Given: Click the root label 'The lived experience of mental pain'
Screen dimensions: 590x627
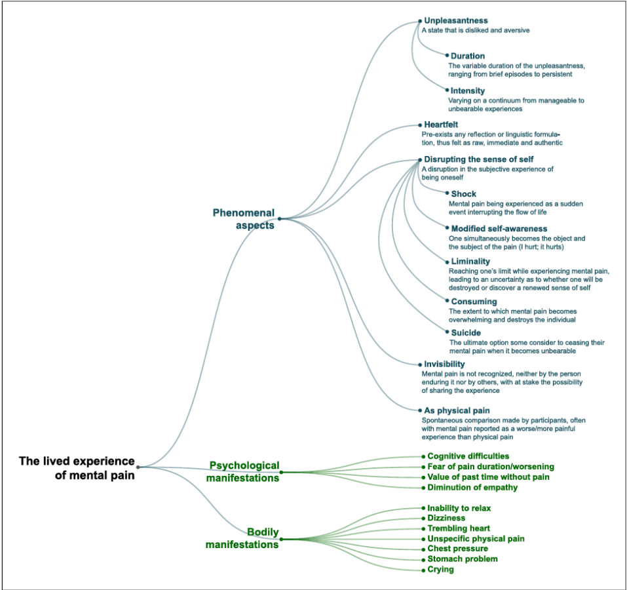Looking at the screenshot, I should [x=77, y=468].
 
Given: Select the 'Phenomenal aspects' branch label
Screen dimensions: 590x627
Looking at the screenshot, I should [x=243, y=218].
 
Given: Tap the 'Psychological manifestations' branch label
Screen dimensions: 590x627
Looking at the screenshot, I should [x=244, y=471].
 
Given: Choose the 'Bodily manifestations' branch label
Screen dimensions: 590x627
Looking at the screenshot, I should [x=242, y=538].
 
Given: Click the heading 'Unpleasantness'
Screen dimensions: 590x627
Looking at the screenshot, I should [x=455, y=21].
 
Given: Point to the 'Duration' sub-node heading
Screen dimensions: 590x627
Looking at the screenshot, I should [x=467, y=56].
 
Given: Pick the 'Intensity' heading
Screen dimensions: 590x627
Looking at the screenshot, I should [x=467, y=90].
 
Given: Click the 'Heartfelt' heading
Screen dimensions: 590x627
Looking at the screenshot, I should [x=440, y=125].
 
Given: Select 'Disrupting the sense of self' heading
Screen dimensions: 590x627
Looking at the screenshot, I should [x=478, y=159].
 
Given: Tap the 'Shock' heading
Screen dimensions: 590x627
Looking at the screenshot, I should [x=463, y=194].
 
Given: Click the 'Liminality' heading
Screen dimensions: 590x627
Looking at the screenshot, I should [x=470, y=262].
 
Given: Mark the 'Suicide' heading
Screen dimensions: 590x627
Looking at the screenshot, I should [x=465, y=333].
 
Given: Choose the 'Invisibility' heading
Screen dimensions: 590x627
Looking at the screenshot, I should [x=444, y=364].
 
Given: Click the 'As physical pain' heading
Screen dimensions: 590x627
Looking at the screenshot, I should [x=457, y=411].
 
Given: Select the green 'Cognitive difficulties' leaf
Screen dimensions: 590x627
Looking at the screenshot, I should [x=468, y=456].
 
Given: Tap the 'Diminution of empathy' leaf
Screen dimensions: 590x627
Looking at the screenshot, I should [x=472, y=487].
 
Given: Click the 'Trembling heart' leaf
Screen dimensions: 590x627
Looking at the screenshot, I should [x=459, y=528].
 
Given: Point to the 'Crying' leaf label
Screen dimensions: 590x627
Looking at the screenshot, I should [x=440, y=569].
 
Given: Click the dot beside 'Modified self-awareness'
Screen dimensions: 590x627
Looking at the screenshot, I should [x=447, y=228].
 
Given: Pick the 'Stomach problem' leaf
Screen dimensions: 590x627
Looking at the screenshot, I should [x=463, y=559].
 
